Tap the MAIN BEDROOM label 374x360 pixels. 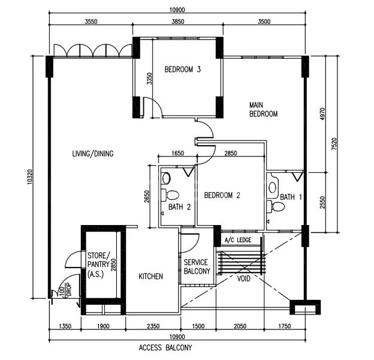(263, 109)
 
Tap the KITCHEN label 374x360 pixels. (150, 276)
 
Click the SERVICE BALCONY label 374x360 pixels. (196, 267)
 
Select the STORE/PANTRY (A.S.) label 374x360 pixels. (98, 264)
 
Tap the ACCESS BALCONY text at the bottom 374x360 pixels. (165, 347)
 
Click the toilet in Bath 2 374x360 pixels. (172, 194)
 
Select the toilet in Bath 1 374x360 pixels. (278, 206)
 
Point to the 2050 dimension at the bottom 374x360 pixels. (241, 326)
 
